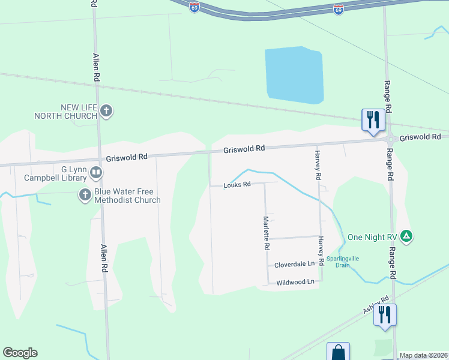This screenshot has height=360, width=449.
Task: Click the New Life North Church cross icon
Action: pyautogui.click(x=106, y=111)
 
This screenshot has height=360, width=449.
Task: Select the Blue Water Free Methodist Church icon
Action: pyautogui.click(x=85, y=194)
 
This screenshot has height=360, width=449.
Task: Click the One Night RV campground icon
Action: pyautogui.click(x=406, y=236)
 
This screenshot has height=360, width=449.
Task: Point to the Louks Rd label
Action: pyautogui.click(x=236, y=185)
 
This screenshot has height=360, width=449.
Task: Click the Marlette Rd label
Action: pyautogui.click(x=265, y=233)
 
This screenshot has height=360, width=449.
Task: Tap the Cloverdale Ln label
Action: pyautogui.click(x=294, y=264)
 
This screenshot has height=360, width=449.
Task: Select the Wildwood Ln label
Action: pyautogui.click(x=294, y=281)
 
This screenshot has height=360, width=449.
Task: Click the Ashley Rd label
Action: pyautogui.click(x=376, y=305)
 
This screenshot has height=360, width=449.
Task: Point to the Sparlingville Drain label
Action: pyautogui.click(x=342, y=262)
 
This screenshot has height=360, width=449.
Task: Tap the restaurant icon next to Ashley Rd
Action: pyautogui.click(x=385, y=315)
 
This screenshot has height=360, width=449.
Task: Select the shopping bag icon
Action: pyautogui.click(x=338, y=352)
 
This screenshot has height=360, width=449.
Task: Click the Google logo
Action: pyautogui.click(x=20, y=353)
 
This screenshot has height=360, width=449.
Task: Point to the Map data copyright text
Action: pyautogui.click(x=423, y=355)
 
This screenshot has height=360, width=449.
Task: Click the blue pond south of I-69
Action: pyautogui.click(x=294, y=75)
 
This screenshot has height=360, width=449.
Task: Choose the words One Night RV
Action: pyautogui.click(x=373, y=237)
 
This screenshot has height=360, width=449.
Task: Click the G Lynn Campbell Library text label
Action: pyautogui.click(x=55, y=173)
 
